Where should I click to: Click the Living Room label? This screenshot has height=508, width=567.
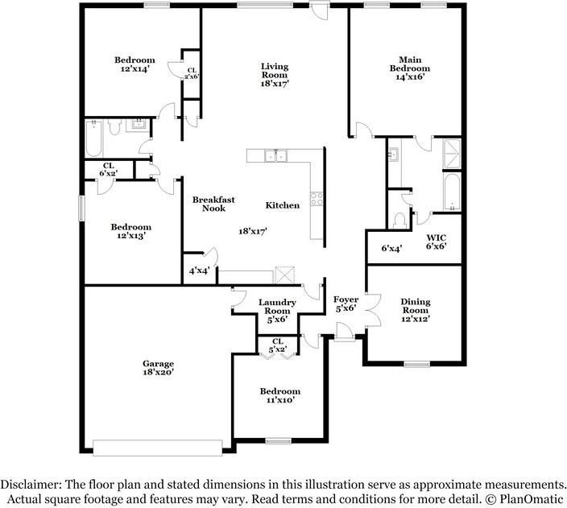[x=275, y=74]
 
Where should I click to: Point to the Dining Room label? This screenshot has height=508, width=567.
[x=416, y=310]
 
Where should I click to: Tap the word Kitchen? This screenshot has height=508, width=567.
[x=283, y=205]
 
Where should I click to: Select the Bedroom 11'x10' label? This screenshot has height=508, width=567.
[x=279, y=395]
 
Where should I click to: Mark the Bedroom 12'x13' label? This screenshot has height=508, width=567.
[x=130, y=232]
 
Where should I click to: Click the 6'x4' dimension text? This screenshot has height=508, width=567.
[x=391, y=249]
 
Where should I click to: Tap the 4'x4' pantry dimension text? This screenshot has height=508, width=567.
[x=199, y=271]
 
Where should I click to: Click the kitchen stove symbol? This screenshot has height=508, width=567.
[x=317, y=199]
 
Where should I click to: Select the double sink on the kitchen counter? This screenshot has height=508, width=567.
[x=278, y=155]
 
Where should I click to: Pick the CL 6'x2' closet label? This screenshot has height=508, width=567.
[x=108, y=170]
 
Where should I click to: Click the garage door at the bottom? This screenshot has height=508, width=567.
[x=158, y=448]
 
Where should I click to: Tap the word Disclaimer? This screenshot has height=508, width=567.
[x=29, y=485]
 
